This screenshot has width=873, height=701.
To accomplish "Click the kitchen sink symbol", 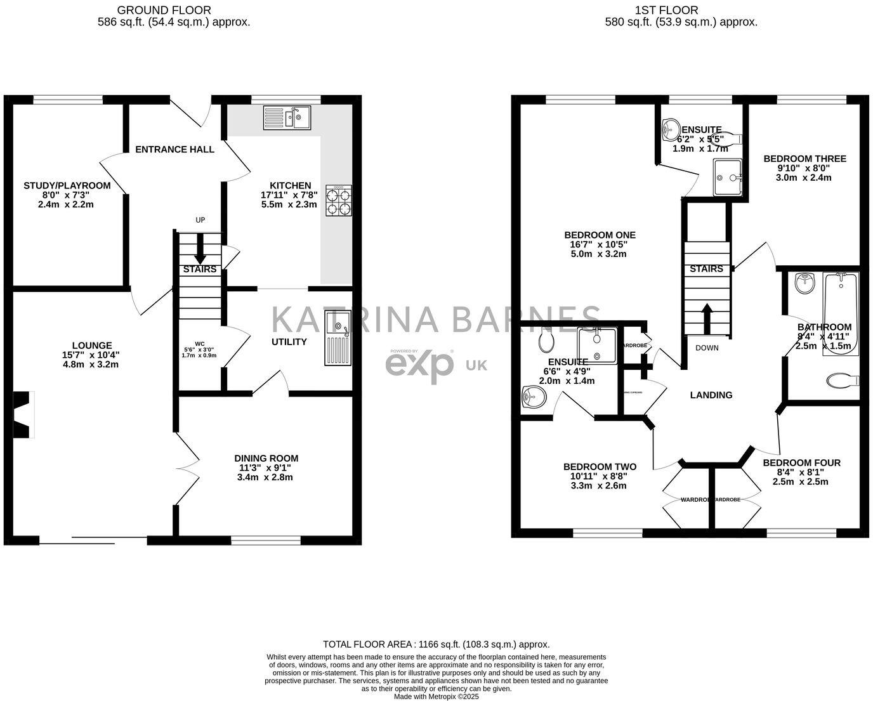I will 287,117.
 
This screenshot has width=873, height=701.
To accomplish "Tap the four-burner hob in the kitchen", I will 339,200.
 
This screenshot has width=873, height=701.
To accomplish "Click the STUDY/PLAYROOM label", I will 67,186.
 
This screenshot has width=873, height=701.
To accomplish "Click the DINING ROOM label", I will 266,458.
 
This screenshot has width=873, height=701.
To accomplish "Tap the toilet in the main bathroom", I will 842,381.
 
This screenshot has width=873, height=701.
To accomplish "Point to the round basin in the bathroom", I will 805,283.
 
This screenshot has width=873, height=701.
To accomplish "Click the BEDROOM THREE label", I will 804,159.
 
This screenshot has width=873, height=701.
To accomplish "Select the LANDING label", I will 711,395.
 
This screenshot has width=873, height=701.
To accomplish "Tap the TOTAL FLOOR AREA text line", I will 436,644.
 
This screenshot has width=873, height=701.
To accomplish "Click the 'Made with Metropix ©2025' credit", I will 436,696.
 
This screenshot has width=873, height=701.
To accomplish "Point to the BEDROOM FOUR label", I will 801,462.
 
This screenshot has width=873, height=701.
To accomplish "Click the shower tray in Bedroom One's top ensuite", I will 727,177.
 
